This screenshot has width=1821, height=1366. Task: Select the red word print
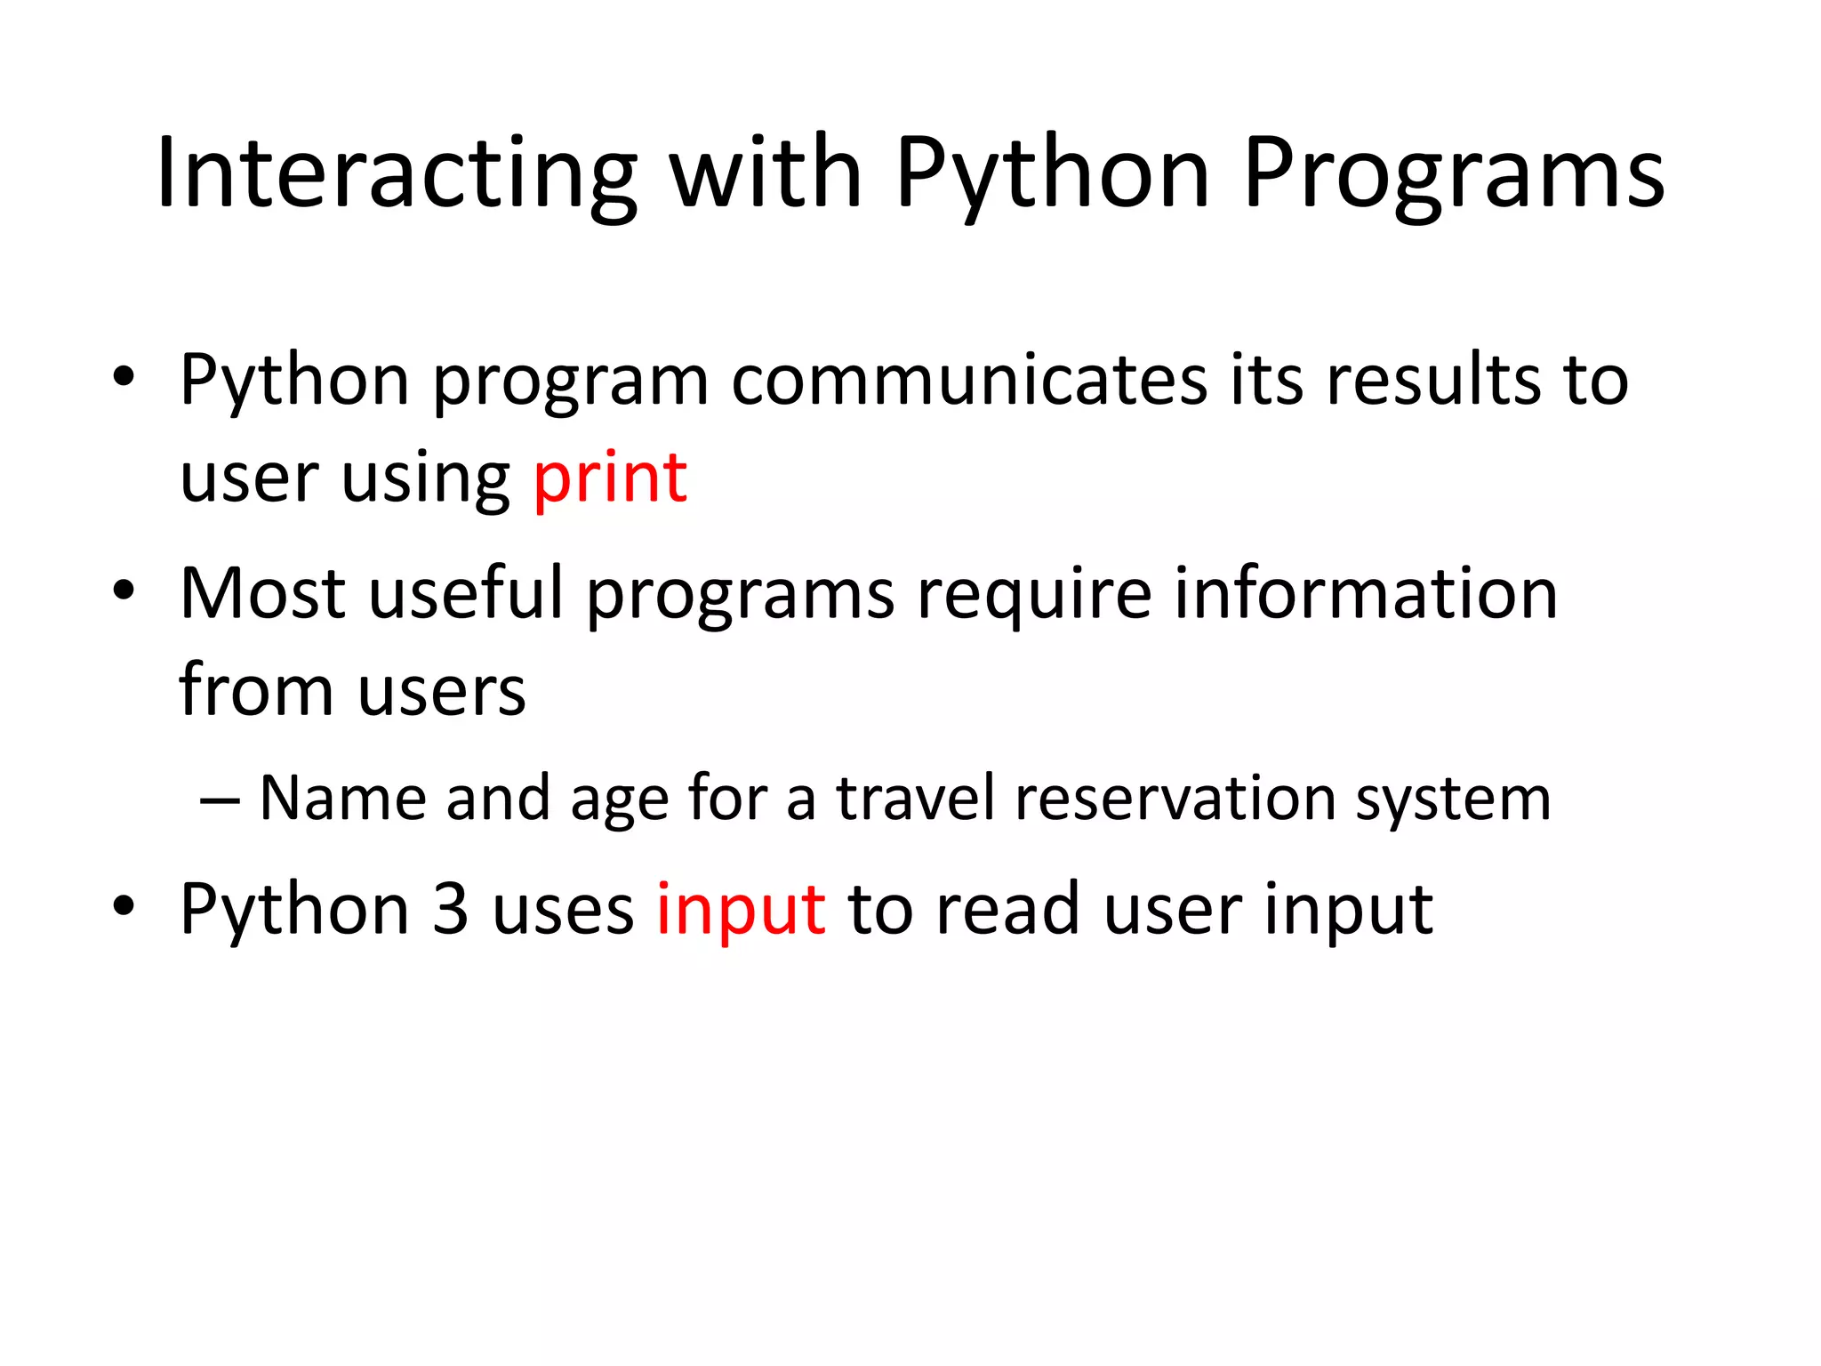tap(610, 478)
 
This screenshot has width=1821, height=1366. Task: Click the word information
tap(1366, 593)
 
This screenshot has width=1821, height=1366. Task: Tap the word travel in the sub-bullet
tap(915, 798)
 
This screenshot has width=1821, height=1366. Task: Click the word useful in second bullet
tap(466, 593)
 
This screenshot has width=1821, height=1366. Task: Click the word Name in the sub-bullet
tap(342, 798)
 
